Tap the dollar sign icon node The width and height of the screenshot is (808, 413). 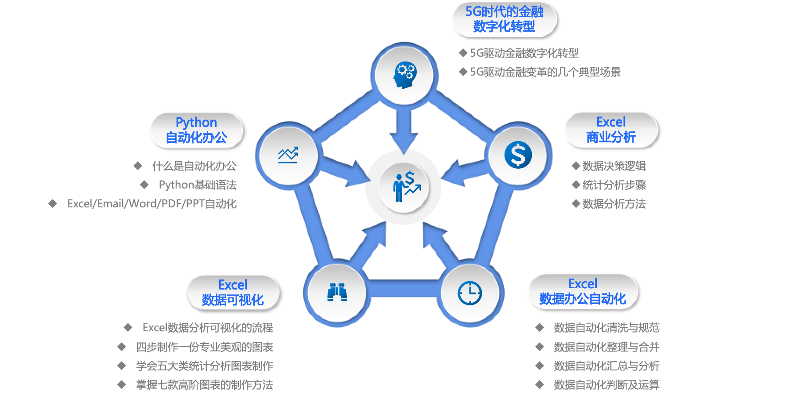tap(518, 155)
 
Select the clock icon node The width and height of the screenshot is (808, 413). tap(469, 293)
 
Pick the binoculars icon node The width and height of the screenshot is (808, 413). tap(337, 293)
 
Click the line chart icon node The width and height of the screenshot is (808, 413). tap(288, 155)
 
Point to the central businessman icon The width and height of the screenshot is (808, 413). tap(404, 187)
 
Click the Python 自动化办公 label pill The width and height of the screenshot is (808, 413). tap(196, 130)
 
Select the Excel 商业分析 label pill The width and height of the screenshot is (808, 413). tap(611, 130)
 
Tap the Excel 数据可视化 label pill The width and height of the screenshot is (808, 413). tap(233, 293)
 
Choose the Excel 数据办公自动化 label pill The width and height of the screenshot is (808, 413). tap(583, 292)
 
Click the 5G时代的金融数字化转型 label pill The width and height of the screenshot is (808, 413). tap(504, 19)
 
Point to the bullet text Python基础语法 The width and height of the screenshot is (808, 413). tap(198, 185)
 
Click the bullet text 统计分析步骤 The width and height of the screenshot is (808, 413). tap(614, 185)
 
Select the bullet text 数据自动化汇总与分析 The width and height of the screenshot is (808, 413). tap(606, 366)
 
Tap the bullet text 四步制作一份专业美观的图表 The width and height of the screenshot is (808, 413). tap(205, 347)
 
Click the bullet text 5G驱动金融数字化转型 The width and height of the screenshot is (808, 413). tap(524, 53)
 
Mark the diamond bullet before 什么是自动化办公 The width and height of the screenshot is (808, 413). tap(138, 166)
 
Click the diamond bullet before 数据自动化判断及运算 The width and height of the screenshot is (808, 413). tap(540, 385)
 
